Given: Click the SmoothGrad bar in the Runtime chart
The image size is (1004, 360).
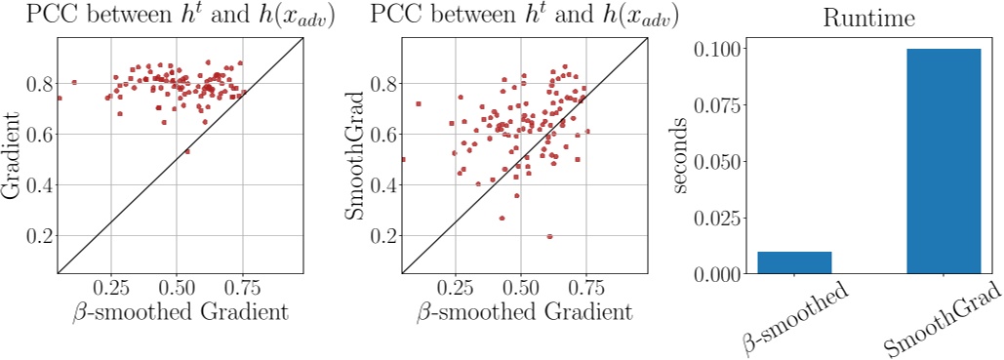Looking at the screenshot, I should (943, 161).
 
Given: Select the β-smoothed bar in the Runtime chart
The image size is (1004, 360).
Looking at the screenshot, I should (794, 262).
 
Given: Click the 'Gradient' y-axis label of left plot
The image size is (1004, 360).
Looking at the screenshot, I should (14, 155).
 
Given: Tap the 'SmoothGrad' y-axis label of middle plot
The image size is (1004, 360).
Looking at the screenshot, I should (358, 155).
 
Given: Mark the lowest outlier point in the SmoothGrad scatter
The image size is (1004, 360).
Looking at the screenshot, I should (550, 236).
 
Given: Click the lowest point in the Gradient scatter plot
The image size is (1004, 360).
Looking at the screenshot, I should (187, 151).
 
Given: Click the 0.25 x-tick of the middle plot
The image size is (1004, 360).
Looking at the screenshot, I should (456, 290).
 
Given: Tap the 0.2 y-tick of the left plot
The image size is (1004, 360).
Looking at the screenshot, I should (39, 236).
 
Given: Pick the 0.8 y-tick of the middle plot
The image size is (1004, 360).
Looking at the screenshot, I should (383, 84).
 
